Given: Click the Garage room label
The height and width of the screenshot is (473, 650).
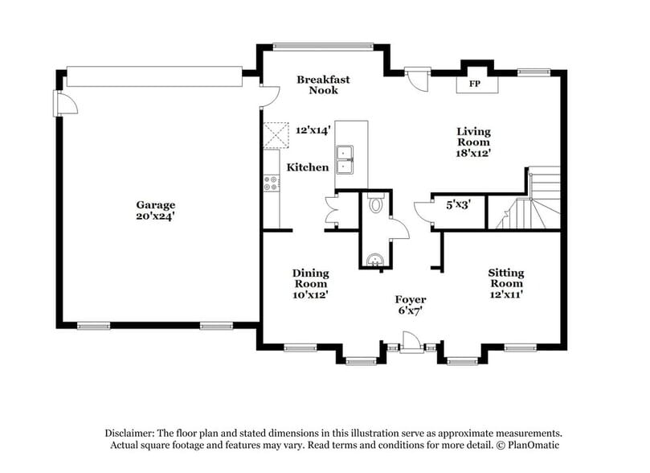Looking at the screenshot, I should [x=155, y=205].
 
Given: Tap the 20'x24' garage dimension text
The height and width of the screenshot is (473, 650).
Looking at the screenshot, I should [x=155, y=216].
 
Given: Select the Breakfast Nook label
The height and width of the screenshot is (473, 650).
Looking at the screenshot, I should [x=317, y=84].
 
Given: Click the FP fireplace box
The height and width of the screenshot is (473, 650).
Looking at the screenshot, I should [x=473, y=83].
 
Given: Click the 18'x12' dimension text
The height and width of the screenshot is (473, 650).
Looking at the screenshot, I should [x=473, y=151].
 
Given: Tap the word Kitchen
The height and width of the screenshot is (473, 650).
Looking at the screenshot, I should [x=308, y=167].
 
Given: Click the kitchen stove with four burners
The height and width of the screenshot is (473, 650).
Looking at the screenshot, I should [x=270, y=183].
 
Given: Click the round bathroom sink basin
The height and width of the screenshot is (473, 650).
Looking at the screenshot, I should [x=374, y=259].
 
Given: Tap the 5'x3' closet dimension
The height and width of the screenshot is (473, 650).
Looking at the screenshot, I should [x=458, y=205].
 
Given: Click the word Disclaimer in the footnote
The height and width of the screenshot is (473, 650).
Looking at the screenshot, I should [x=132, y=432].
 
